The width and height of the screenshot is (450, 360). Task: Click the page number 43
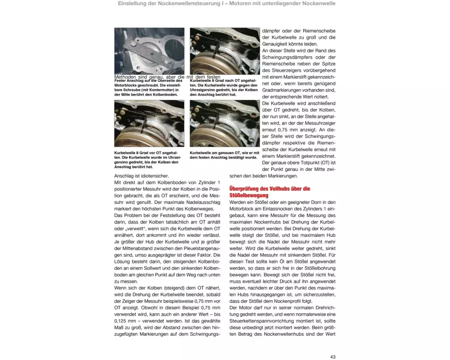[x=333, y=357]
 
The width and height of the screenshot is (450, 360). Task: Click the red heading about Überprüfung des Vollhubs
[x=270, y=192]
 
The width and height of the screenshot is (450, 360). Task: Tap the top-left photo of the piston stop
[x=149, y=51]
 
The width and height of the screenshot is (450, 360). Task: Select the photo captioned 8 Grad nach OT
[x=225, y=51]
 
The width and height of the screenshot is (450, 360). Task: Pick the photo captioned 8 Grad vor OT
[x=149, y=123]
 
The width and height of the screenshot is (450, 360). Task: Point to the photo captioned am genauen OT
[x=225, y=123]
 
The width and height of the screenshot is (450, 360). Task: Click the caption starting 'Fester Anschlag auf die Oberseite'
[x=148, y=87]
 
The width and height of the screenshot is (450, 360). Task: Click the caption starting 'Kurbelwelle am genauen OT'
[x=224, y=155]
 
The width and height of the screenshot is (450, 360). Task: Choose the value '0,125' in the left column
[x=122, y=321]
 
